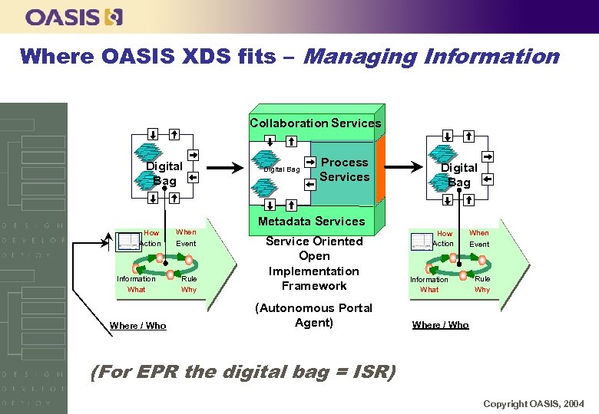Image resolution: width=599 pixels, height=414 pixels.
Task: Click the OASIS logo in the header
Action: (x=74, y=16)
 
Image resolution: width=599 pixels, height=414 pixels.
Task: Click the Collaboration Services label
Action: (x=315, y=123)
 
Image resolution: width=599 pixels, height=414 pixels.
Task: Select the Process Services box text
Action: (x=344, y=169)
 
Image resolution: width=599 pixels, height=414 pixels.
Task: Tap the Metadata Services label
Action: (x=311, y=221)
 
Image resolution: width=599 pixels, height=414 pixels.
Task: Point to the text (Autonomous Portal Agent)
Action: (x=313, y=315)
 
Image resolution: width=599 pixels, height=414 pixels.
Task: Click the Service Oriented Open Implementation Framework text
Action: (x=313, y=263)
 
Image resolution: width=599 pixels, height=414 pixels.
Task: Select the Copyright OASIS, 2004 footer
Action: (x=533, y=403)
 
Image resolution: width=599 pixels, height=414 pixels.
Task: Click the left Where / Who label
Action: (x=137, y=326)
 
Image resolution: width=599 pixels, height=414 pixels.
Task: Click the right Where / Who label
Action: (x=440, y=325)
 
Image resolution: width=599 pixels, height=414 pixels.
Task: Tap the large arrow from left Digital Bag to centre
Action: (x=226, y=168)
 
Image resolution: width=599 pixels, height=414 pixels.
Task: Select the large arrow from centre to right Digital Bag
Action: (x=402, y=168)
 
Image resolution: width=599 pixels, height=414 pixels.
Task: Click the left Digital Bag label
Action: (x=164, y=173)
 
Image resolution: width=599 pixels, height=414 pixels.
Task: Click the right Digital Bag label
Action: (x=458, y=174)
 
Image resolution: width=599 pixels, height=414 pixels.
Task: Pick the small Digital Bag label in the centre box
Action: (x=281, y=169)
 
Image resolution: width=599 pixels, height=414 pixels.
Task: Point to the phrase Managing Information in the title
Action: (x=432, y=56)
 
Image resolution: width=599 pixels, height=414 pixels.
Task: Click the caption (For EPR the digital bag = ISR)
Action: (x=243, y=373)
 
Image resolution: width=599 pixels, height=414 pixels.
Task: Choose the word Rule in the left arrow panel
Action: (x=189, y=279)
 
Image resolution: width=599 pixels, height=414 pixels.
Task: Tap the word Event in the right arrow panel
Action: (x=479, y=245)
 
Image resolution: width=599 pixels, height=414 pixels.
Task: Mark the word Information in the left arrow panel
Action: (x=136, y=279)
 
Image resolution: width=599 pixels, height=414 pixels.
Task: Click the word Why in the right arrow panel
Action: (x=482, y=290)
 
